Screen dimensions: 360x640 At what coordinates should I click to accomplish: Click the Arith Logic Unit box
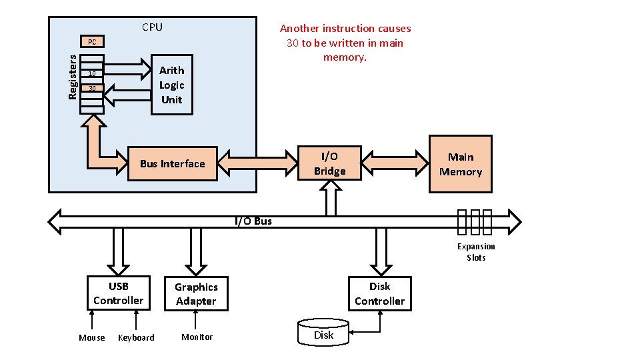[x=172, y=85]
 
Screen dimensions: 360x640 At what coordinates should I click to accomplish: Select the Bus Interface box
[x=173, y=164]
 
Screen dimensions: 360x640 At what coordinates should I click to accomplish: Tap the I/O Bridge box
[x=330, y=164]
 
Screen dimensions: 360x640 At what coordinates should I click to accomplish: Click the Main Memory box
[x=460, y=165]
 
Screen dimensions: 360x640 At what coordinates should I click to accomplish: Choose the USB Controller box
[x=118, y=293]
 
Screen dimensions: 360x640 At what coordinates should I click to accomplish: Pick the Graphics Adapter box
[x=196, y=294]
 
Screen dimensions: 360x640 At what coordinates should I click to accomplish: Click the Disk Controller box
[x=379, y=294]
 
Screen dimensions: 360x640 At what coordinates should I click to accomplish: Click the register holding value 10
[x=92, y=73]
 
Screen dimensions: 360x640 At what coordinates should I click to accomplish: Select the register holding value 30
[x=92, y=88]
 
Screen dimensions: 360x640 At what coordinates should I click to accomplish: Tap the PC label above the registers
[x=92, y=42]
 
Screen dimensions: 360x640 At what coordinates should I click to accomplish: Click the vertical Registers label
[x=73, y=77]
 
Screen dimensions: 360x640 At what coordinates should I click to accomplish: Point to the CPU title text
[x=152, y=27]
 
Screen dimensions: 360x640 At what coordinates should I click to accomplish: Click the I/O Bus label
[x=253, y=221]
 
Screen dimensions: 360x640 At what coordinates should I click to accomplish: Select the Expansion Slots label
[x=476, y=252]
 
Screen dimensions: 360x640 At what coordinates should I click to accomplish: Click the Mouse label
[x=92, y=338]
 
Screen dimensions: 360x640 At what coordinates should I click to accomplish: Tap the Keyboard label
[x=136, y=338]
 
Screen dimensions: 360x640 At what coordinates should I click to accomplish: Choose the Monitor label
[x=197, y=337]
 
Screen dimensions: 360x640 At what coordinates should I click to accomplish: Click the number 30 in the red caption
[x=293, y=43]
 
